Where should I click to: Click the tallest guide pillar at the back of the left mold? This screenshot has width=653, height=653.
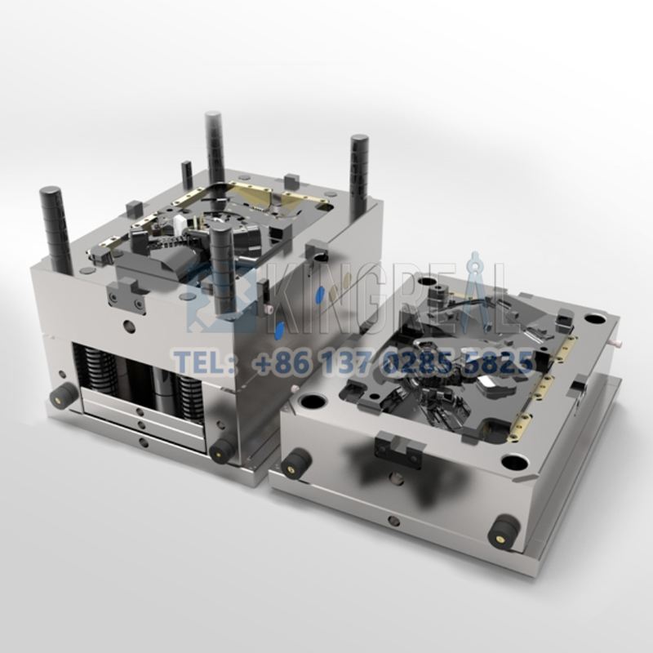point(215,147)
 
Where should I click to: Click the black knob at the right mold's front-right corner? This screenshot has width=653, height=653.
point(504,531)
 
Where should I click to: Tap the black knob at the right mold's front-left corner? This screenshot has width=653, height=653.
point(295,463)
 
